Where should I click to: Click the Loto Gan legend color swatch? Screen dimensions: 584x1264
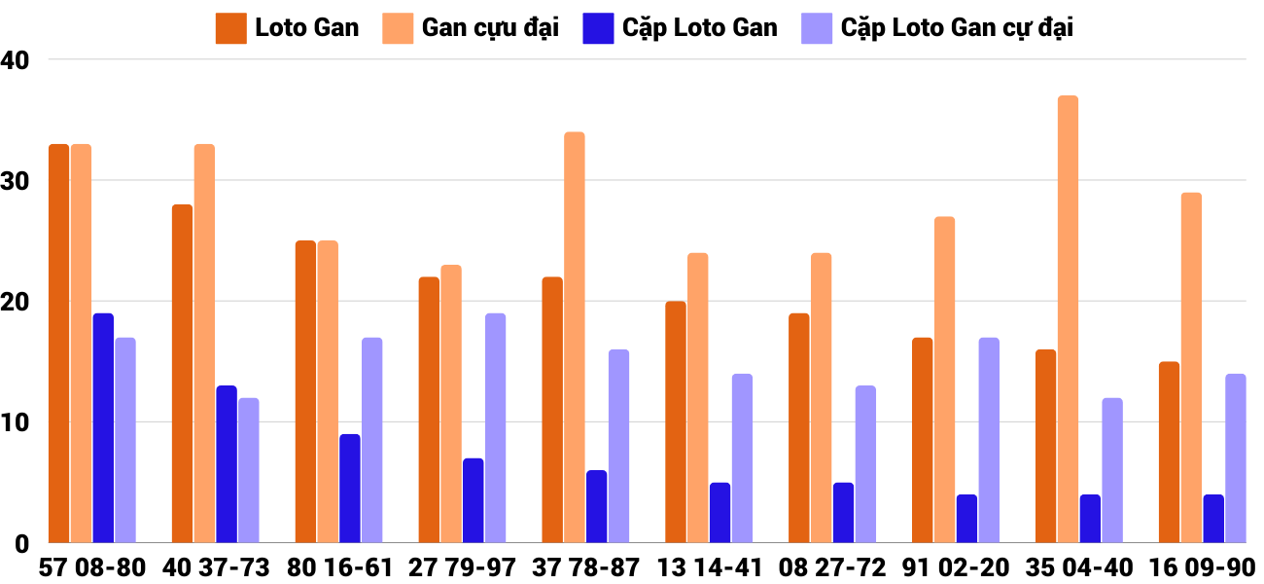(x=230, y=28)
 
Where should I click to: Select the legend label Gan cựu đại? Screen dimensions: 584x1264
(x=490, y=28)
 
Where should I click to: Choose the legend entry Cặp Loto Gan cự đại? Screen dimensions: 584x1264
(x=957, y=28)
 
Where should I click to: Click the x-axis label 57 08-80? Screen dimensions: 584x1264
(x=92, y=567)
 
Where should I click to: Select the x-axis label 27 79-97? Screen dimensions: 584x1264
(x=462, y=567)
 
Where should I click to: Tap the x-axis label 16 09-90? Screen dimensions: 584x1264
(x=1202, y=567)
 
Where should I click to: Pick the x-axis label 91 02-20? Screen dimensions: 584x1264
(x=956, y=567)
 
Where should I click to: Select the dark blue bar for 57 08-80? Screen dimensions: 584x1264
(x=103, y=428)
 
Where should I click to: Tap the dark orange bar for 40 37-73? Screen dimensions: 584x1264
(x=182, y=374)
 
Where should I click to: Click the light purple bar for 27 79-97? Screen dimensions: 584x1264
(x=495, y=428)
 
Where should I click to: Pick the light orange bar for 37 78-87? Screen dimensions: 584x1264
(x=574, y=337)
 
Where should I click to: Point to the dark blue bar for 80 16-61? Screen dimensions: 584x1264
(x=350, y=489)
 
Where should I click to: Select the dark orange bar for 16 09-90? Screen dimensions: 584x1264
(x=1169, y=453)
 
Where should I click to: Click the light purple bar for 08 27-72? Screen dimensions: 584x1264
(x=865, y=464)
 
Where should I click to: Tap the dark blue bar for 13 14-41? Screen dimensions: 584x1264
(x=720, y=513)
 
